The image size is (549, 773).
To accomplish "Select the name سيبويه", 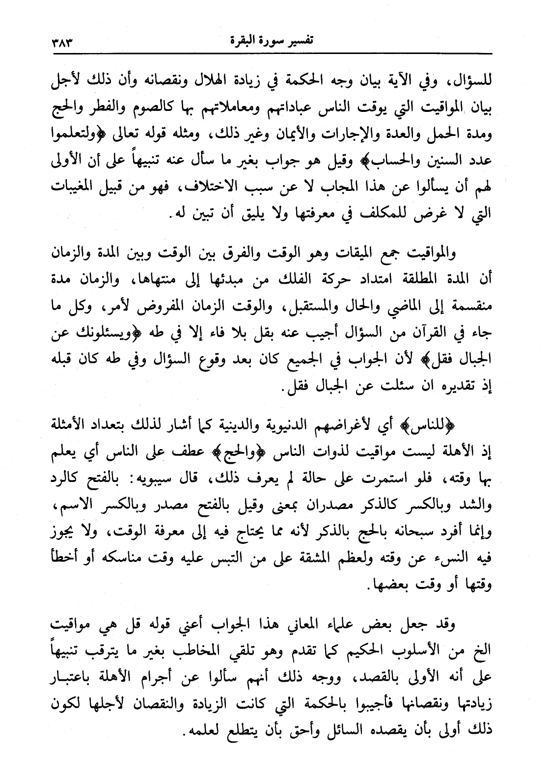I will pos(153,474).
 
